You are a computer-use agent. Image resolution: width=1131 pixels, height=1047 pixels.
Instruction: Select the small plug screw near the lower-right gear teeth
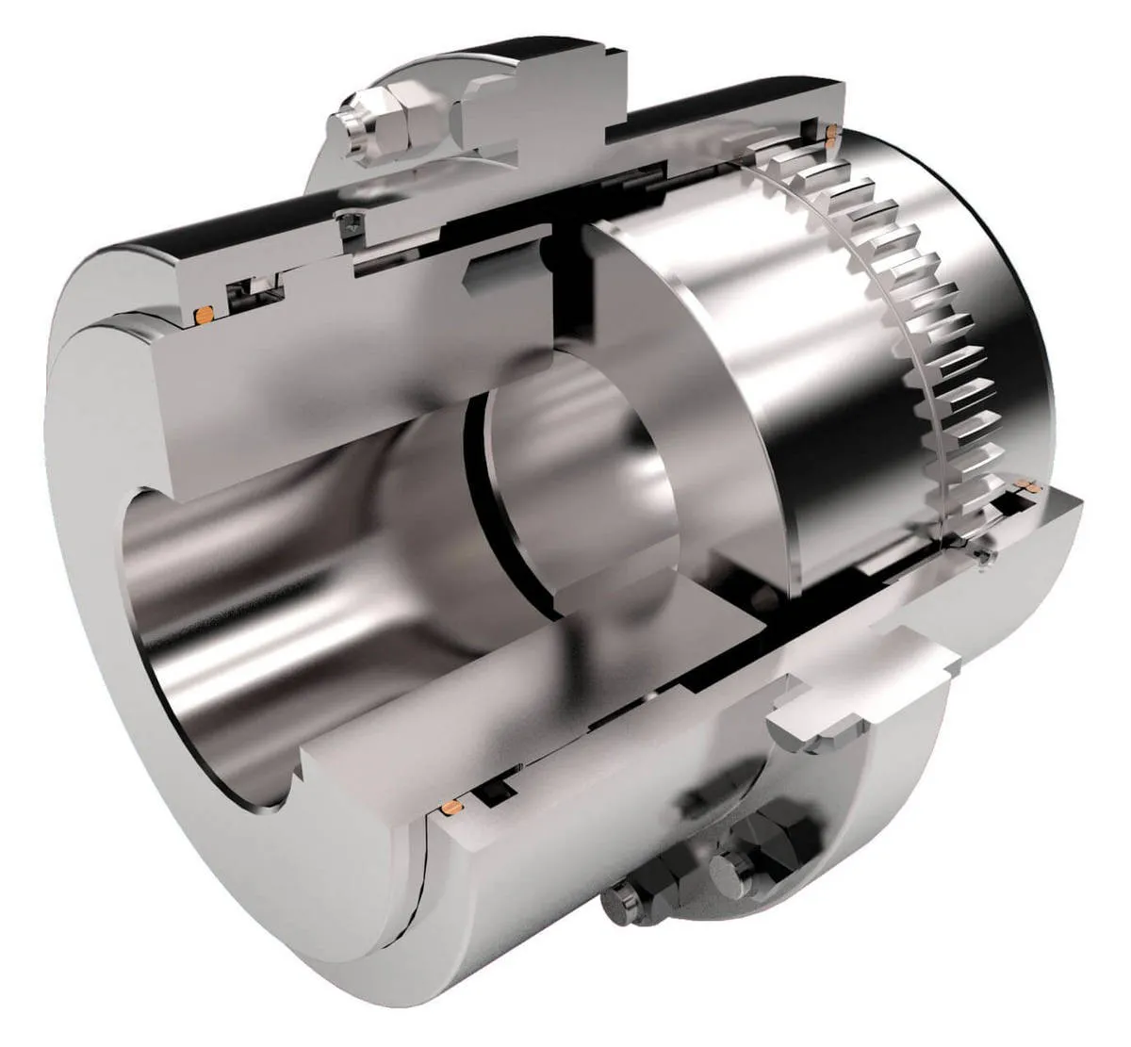[986, 557]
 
